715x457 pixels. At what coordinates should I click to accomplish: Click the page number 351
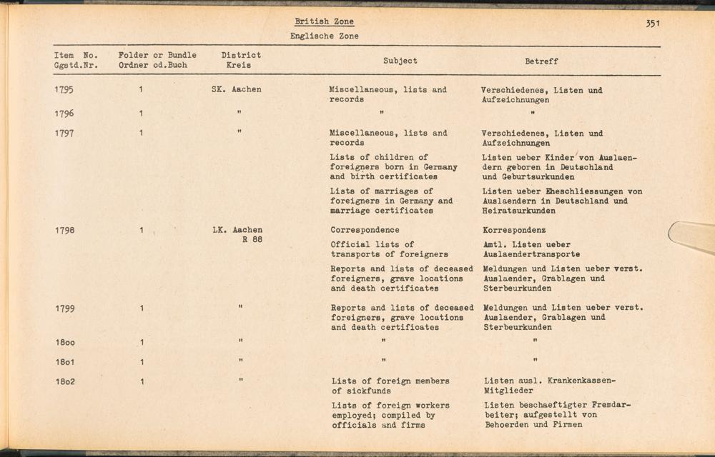coord(651,24)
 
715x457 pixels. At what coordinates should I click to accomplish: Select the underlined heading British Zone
coord(324,21)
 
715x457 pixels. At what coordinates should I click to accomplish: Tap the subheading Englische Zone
coord(324,36)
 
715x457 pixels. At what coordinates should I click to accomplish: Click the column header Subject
coord(400,61)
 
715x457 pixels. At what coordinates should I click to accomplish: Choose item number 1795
coord(64,90)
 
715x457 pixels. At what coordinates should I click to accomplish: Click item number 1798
coord(64,231)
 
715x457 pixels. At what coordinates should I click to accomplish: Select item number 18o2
coord(64,382)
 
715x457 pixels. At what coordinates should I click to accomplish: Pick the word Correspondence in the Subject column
coord(365,231)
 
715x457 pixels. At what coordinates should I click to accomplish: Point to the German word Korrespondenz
coord(514,231)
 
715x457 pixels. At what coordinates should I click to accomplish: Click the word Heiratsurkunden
coord(519,211)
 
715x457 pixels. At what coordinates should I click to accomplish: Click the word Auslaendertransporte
coord(531,255)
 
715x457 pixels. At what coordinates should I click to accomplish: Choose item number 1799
coord(64,308)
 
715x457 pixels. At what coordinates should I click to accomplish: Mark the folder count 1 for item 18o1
coord(142,362)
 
